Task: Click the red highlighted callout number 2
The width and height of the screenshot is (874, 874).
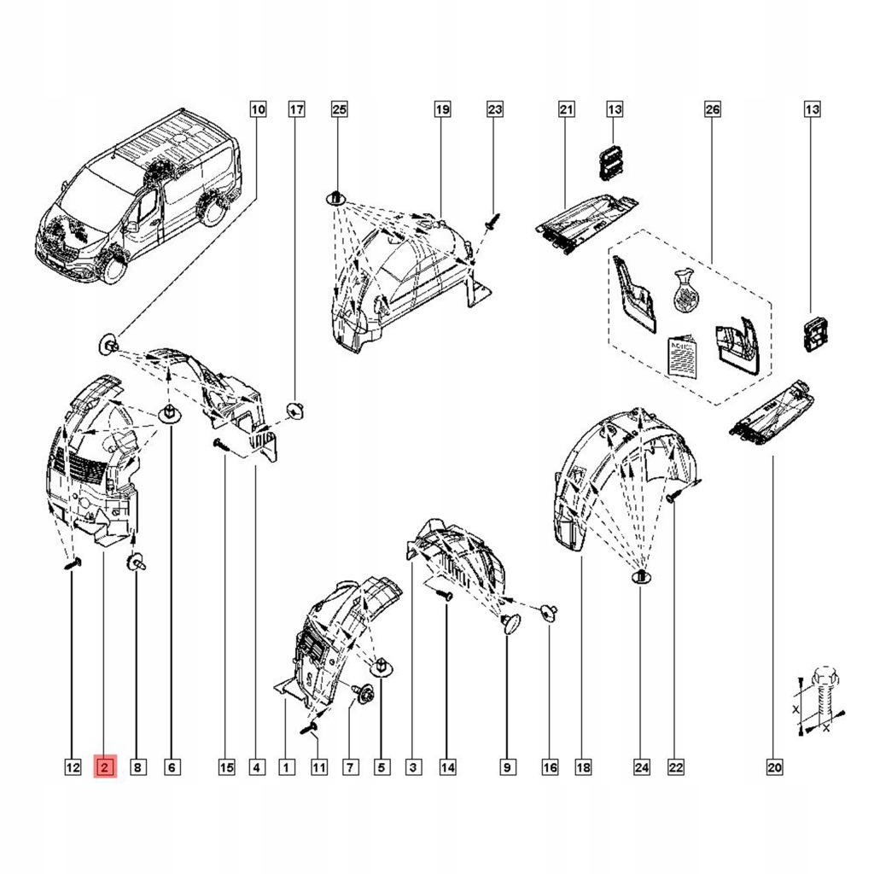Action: (104, 768)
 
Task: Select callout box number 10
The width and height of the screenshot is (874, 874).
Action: (257, 109)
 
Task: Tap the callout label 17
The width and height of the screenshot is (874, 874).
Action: (296, 109)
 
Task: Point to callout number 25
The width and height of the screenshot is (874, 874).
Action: (339, 109)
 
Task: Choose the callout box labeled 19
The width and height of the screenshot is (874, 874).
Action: (441, 109)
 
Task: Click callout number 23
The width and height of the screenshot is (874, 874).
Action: (495, 109)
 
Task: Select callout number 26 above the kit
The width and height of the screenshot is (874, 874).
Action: (713, 109)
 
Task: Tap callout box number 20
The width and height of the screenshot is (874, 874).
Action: (774, 768)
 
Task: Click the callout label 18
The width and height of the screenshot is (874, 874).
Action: (583, 768)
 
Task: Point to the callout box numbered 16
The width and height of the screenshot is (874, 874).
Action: (550, 768)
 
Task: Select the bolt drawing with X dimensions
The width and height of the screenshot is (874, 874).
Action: (820, 701)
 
